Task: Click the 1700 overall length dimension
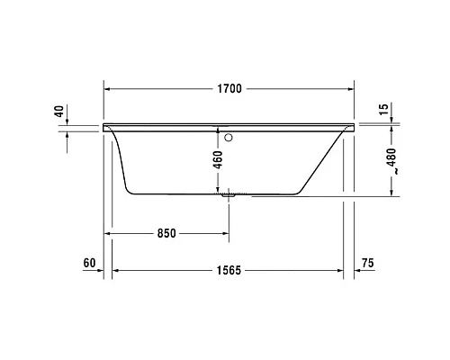point(229,89)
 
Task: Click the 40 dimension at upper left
point(59,112)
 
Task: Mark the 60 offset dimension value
point(88,263)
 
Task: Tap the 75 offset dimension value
point(366,263)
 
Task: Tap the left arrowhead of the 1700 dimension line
point(109,89)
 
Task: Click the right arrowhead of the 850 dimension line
point(224,233)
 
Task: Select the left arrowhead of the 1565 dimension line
point(115,269)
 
